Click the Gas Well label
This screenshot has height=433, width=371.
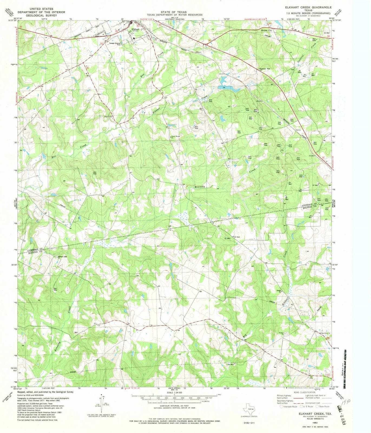[230, 364]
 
